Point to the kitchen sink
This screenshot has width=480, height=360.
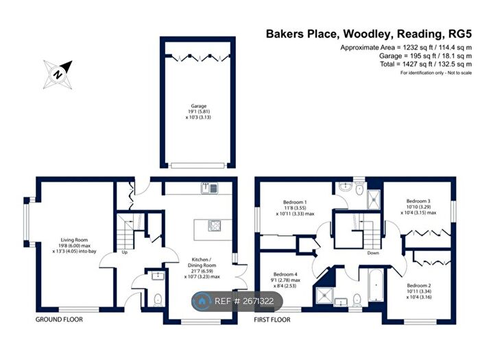(x=209, y=188)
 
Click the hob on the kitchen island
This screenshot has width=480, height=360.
(x=214, y=226)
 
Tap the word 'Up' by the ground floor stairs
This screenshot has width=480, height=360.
(x=124, y=252)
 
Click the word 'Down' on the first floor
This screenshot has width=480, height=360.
(x=373, y=252)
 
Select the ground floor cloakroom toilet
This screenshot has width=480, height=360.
(x=158, y=298)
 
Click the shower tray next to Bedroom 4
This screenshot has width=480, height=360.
(x=321, y=296)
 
